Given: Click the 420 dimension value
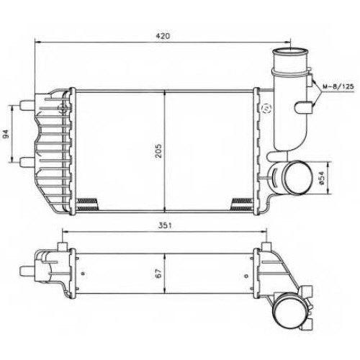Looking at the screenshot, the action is click(x=163, y=36).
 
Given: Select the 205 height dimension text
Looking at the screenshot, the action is click(x=158, y=150).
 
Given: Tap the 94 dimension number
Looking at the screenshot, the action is click(x=6, y=134).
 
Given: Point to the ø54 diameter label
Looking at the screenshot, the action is click(x=322, y=178).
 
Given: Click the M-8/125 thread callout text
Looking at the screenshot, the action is click(x=338, y=86).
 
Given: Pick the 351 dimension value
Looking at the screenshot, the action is click(x=165, y=225).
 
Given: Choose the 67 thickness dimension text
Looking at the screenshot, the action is click(x=158, y=274).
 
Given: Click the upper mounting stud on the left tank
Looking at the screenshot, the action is click(x=27, y=105).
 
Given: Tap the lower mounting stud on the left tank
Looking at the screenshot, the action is click(x=27, y=162).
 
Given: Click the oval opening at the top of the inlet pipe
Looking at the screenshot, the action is click(x=290, y=51).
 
